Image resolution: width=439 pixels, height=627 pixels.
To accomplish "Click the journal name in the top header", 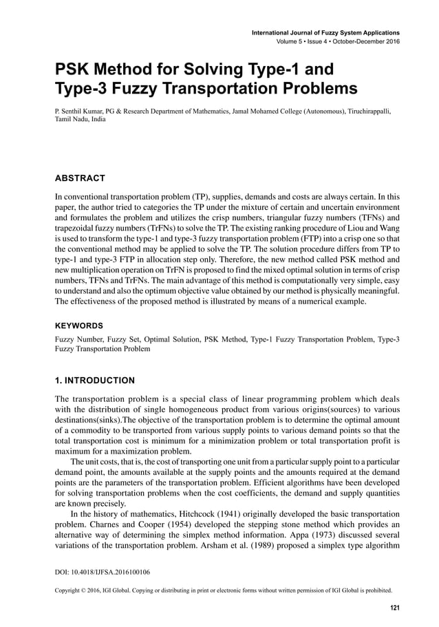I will click(326, 32).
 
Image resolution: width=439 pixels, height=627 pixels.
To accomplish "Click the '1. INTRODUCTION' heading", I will click(95, 380).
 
